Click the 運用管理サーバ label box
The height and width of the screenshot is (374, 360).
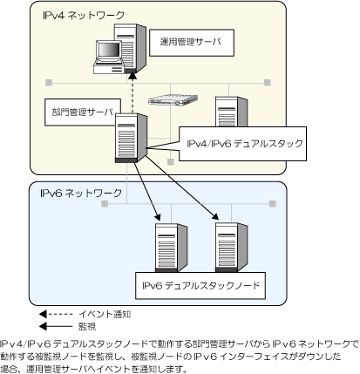click(x=192, y=43)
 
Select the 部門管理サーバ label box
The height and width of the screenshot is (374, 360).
click(x=83, y=112)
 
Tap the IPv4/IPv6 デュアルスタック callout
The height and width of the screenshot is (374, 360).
click(x=242, y=144)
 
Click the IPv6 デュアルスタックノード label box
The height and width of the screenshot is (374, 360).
click(x=200, y=286)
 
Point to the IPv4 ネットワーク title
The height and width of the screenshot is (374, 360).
click(x=84, y=16)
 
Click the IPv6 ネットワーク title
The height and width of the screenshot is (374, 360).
click(x=81, y=194)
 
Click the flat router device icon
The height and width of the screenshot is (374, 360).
click(x=173, y=100)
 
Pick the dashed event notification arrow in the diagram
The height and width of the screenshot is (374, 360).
click(x=132, y=92)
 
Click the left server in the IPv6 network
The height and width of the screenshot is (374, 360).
click(x=171, y=248)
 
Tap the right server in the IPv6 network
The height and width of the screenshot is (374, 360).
click(x=231, y=248)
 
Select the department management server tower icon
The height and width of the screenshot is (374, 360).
click(x=131, y=138)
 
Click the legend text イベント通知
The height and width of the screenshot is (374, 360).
click(x=105, y=314)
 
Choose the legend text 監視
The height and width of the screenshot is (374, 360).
click(x=87, y=326)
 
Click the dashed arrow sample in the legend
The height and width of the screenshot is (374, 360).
click(x=56, y=314)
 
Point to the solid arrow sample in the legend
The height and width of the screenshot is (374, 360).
click(x=56, y=326)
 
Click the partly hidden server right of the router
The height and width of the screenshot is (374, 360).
click(x=231, y=112)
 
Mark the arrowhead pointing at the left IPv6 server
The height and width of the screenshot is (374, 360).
click(x=158, y=217)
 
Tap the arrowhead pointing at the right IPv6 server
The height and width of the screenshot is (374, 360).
click(x=215, y=216)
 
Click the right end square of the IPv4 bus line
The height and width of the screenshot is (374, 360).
click(x=268, y=83)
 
